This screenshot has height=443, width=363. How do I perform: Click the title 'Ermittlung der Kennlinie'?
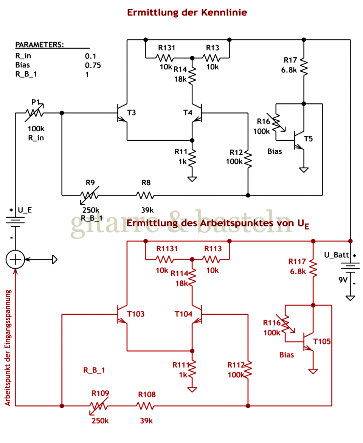tap(187, 12)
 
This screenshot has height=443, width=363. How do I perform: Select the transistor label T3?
tap(131, 112)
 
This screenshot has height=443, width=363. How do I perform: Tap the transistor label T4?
tap(188, 112)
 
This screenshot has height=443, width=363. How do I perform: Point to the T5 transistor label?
tap(309, 138)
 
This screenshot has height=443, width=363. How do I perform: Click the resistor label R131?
tap(166, 48)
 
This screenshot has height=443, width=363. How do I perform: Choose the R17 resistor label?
tap(290, 60)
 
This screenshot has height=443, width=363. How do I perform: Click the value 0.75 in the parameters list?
tap(93, 65)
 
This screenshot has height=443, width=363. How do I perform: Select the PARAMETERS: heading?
tap(39, 45)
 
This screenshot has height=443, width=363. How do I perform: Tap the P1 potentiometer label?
tap(36, 102)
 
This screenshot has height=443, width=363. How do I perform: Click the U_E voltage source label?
tap(25, 210)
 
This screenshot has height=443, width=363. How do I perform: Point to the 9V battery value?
tap(343, 280)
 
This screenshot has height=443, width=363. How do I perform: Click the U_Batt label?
tap(337, 255)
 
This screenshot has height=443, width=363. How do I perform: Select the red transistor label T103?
tap(136, 314)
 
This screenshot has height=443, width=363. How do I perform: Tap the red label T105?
tap(322, 341)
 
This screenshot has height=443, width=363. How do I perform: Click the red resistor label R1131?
tap(167, 249)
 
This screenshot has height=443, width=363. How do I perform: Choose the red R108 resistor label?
tap(147, 395)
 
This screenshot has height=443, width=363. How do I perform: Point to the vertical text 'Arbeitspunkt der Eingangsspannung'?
tap(8, 348)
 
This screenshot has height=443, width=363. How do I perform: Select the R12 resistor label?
tap(236, 152)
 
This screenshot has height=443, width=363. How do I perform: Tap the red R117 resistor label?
tap(297, 261)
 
